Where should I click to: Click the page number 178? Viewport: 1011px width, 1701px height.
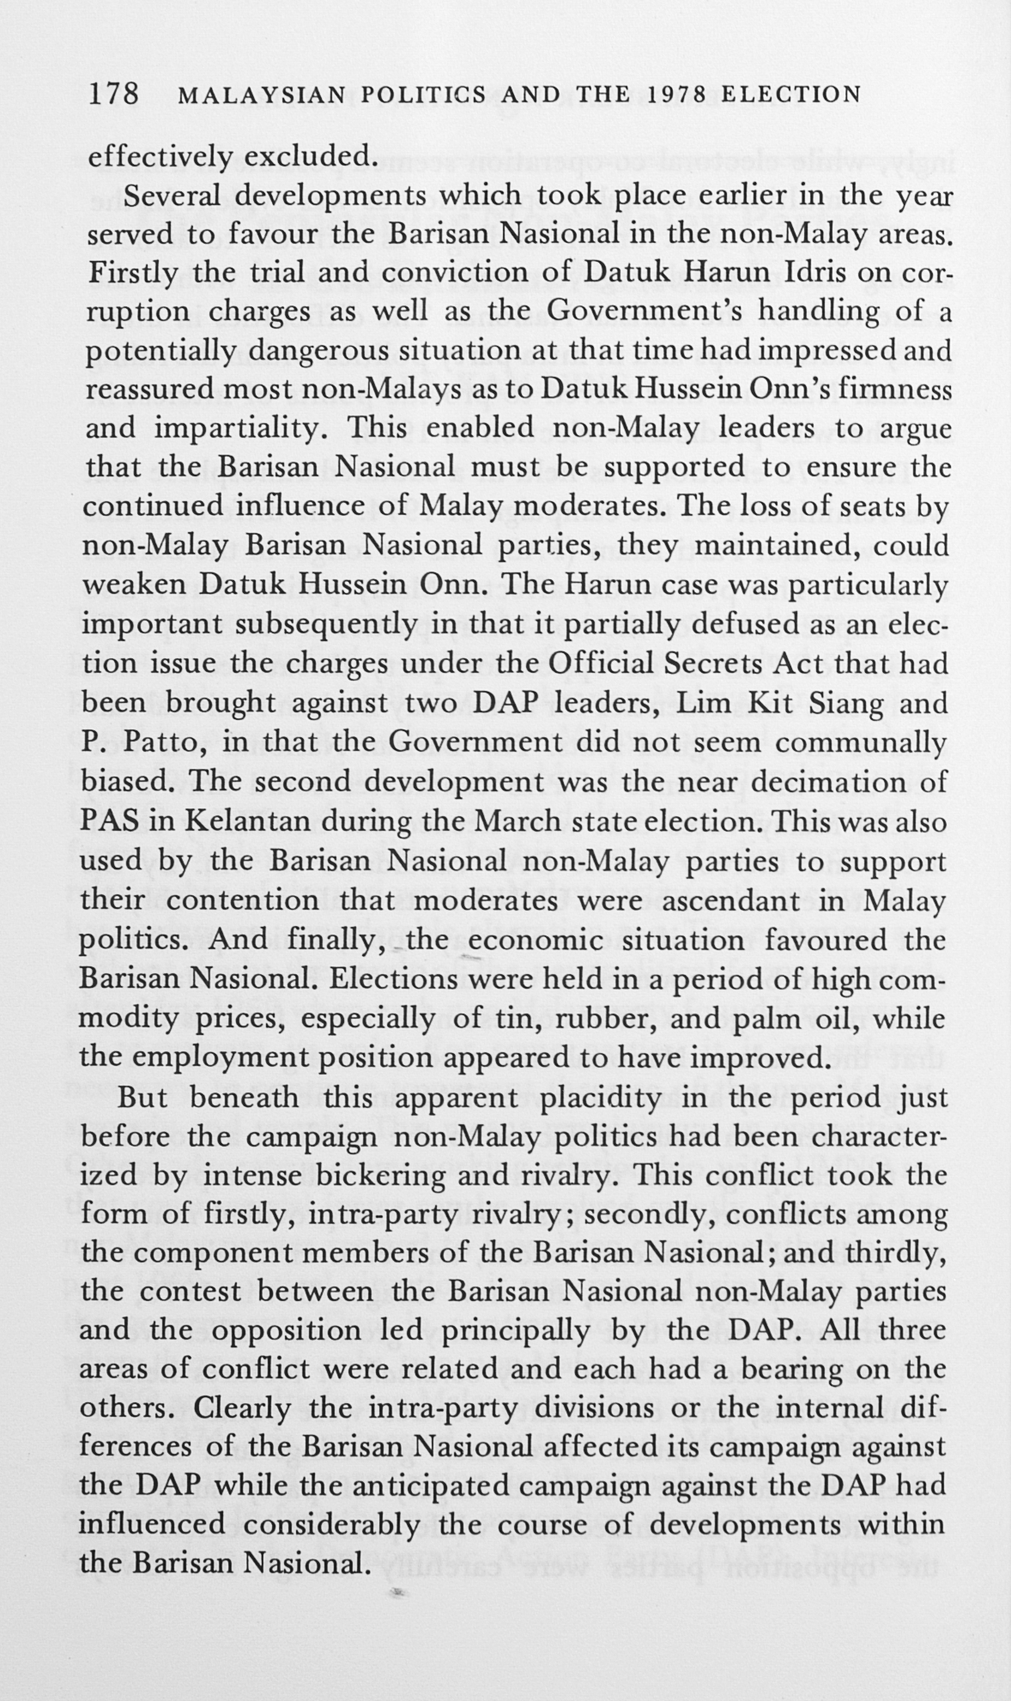click(113, 94)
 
